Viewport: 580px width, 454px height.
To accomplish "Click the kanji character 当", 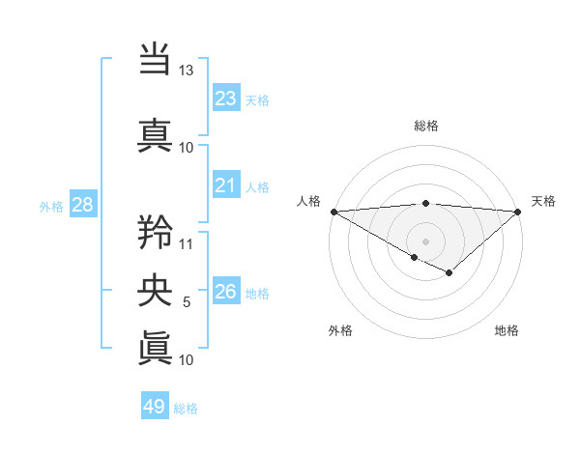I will pyautogui.click(x=156, y=59).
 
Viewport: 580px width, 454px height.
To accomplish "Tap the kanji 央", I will pyautogui.click(x=156, y=289).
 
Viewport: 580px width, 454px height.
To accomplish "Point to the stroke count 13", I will pyautogui.click(x=187, y=71).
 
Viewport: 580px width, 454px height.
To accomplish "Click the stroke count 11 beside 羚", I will pyautogui.click(x=187, y=243).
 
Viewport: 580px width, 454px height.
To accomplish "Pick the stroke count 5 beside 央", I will pyautogui.click(x=187, y=302).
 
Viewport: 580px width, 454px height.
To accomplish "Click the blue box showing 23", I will pyautogui.click(x=225, y=99).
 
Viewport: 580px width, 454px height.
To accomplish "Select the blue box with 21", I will pyautogui.click(x=225, y=185).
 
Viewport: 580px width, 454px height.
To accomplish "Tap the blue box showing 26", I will pyautogui.click(x=225, y=292).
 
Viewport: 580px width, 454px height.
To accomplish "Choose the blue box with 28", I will pyautogui.click(x=82, y=205).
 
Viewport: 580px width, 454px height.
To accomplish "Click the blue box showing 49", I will pyautogui.click(x=155, y=407).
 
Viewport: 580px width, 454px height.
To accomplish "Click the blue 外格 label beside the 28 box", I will pyautogui.click(x=50, y=206).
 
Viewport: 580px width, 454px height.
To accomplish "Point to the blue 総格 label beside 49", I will pyautogui.click(x=186, y=409).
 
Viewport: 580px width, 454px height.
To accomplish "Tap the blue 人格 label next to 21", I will pyautogui.click(x=257, y=187).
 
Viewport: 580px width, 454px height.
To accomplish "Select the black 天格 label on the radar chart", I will pyautogui.click(x=544, y=201).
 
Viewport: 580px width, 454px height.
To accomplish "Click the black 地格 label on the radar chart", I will pyautogui.click(x=507, y=330).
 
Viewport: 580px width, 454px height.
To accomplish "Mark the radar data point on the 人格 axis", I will pyautogui.click(x=333, y=212).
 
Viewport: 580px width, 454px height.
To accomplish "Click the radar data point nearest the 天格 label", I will pyautogui.click(x=518, y=212).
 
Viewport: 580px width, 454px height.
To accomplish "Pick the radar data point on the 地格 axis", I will pyautogui.click(x=449, y=273).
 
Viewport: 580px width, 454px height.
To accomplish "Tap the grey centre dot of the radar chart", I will pyautogui.click(x=425, y=241).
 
